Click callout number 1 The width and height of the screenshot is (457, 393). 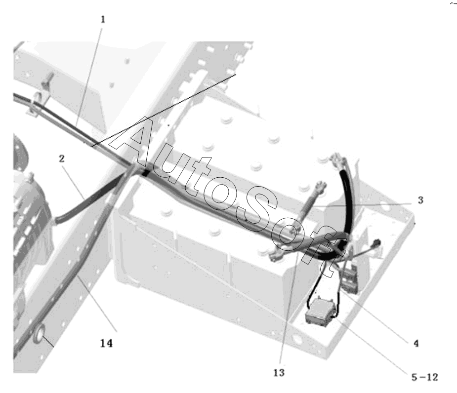[103, 20]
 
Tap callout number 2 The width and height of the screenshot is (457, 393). [61, 159]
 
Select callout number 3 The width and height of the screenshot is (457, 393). [420, 200]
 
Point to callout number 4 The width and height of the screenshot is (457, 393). [416, 344]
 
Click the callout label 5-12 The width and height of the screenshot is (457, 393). [425, 377]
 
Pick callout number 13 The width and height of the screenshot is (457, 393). [279, 373]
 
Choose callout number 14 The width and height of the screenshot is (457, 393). [106, 344]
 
